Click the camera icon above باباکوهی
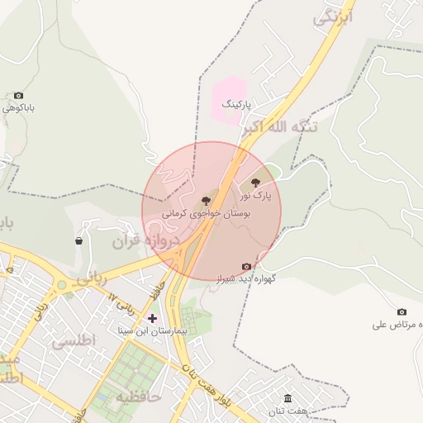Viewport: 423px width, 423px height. (19, 96)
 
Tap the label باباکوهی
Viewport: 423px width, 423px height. (19, 108)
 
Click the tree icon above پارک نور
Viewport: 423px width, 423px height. (255, 182)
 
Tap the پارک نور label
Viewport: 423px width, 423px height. (255, 196)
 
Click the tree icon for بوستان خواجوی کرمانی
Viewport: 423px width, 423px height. (206, 200)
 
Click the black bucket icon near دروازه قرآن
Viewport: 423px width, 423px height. (78, 241)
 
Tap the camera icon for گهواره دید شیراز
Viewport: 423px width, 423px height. (246, 266)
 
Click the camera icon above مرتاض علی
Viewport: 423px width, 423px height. (402, 311)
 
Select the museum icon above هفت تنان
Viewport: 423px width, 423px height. (288, 397)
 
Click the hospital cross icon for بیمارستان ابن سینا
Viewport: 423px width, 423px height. (152, 317)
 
